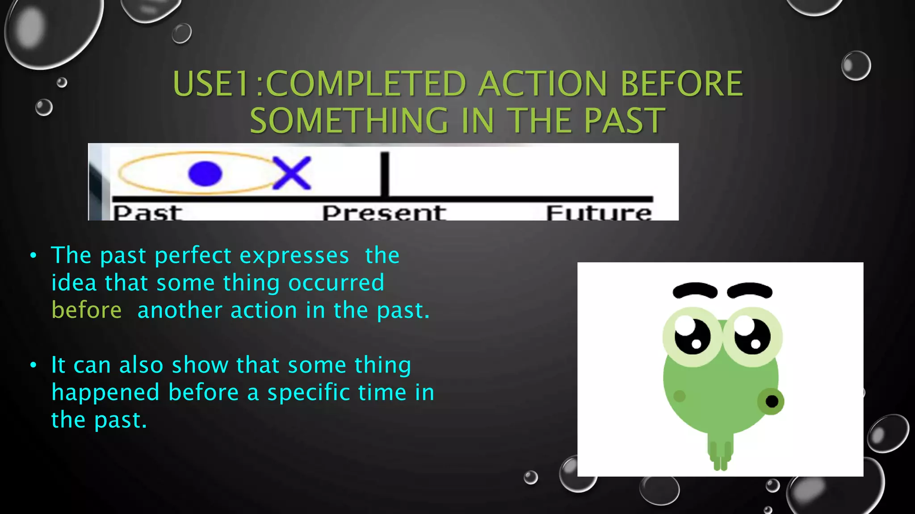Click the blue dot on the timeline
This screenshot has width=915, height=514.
click(x=205, y=174)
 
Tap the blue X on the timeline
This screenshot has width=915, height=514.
click(x=292, y=173)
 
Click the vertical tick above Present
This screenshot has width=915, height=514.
click(x=385, y=174)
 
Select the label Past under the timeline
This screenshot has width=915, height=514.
click(x=147, y=213)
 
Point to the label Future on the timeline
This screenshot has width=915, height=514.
click(x=599, y=213)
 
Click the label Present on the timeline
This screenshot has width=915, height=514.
click(x=384, y=213)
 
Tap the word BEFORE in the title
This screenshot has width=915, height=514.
click(x=681, y=84)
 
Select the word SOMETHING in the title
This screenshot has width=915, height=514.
click(x=349, y=121)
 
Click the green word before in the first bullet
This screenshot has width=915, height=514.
click(x=87, y=310)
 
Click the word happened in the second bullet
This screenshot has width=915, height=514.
click(x=105, y=393)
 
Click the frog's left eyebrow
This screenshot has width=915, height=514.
click(x=695, y=290)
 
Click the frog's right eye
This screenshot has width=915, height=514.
click(x=752, y=336)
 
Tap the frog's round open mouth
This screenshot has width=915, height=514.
click(x=772, y=401)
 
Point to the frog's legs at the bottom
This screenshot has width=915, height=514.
click(x=720, y=456)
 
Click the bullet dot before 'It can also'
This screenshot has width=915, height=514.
click(x=33, y=365)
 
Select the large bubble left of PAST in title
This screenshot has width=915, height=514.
click(x=49, y=31)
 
